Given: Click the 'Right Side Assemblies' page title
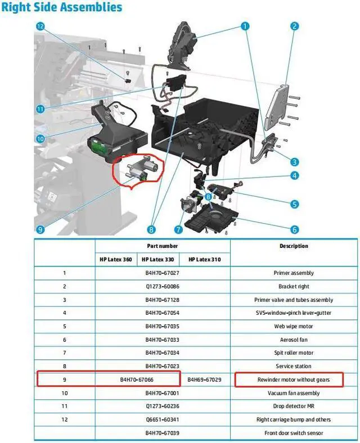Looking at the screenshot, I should pos(61,8).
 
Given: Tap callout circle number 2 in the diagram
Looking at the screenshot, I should pos(294,26).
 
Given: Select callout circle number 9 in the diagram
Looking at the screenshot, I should pos(40,229).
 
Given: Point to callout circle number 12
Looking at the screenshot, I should pos(40,26).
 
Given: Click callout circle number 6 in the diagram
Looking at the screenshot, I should pos(294,229).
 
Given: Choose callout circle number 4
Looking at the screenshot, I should pos(294,176).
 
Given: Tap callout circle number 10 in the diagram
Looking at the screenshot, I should pos(40,138).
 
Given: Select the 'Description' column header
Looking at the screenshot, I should pos(294,246).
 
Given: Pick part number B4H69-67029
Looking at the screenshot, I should pos(204,380).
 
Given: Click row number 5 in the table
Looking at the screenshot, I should pos(64,326).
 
